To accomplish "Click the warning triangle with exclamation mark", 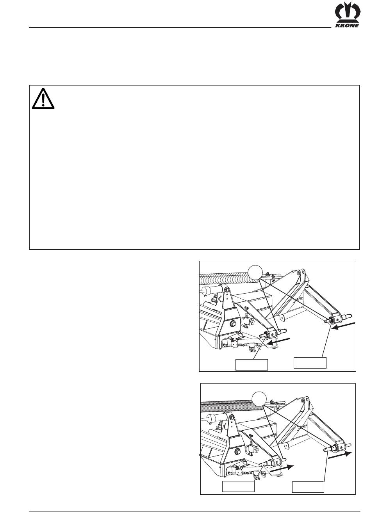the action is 43,99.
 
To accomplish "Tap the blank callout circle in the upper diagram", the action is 255,273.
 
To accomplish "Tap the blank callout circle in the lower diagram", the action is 259,399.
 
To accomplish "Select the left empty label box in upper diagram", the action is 251,365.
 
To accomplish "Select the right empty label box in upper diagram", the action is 310,363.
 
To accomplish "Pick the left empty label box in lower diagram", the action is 238,486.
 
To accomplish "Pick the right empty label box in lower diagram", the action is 308,487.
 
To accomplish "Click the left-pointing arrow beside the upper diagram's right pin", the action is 343,326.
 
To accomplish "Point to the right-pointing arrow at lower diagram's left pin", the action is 282,468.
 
